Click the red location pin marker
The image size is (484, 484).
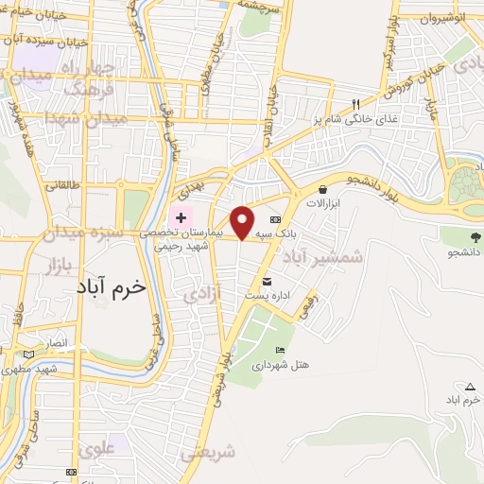pyautogui.click(x=243, y=221)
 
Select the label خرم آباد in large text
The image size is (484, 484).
pyautogui.click(x=111, y=287)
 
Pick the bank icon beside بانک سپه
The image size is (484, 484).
pyautogui.click(x=275, y=218)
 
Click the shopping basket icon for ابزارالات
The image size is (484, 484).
pyautogui.click(x=323, y=189)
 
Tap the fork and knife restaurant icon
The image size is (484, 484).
pyautogui.click(x=355, y=104)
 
